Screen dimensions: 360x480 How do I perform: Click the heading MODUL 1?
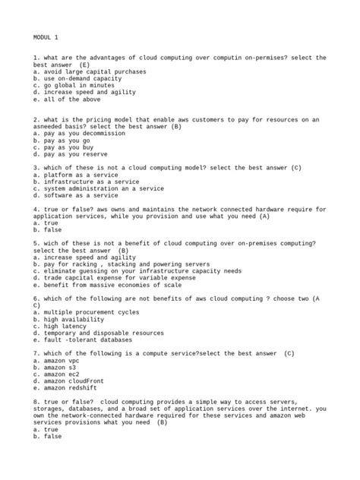tap(48, 36)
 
